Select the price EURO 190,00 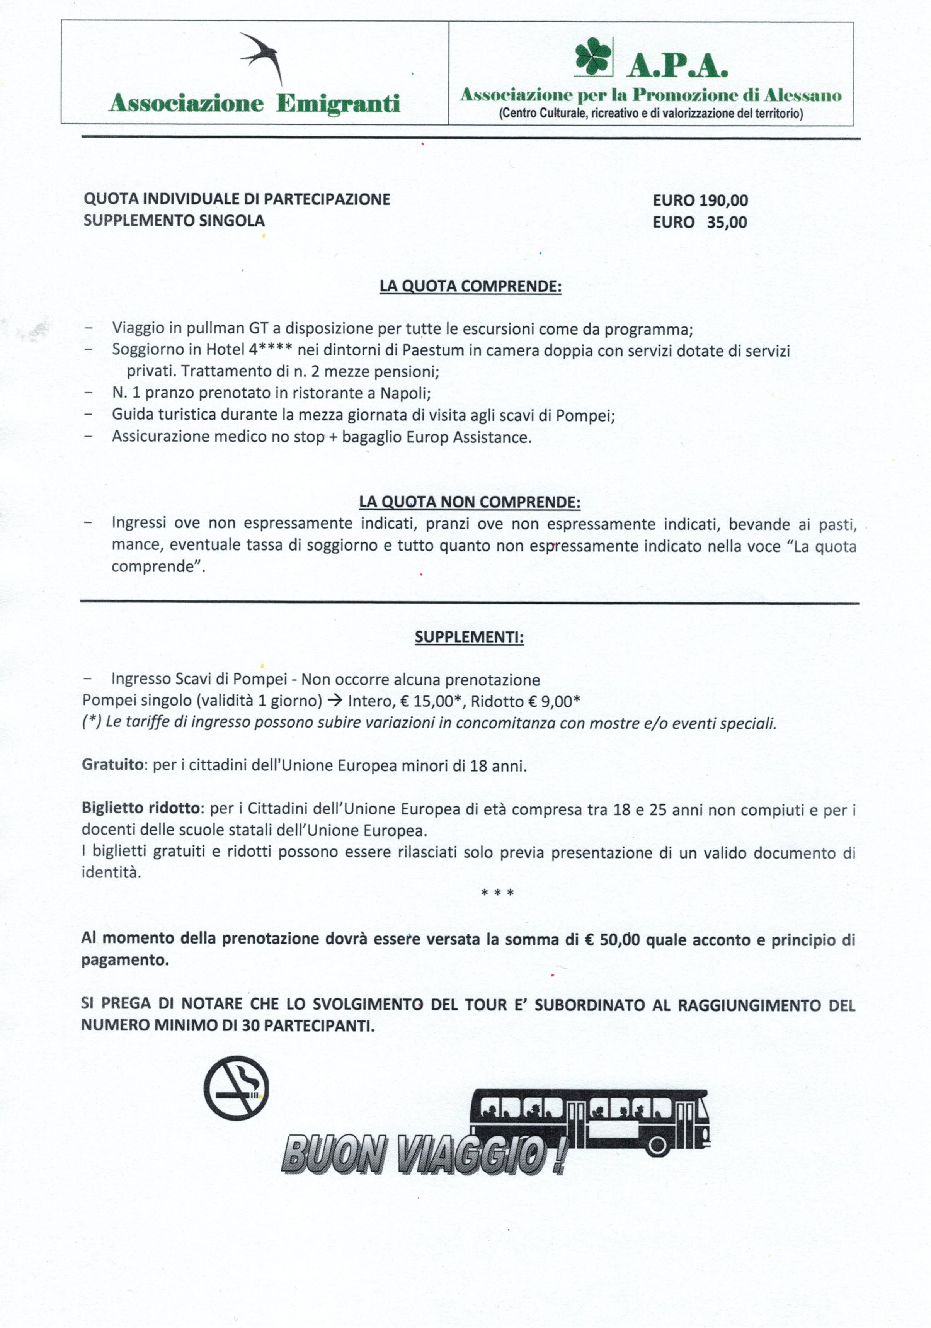click(x=700, y=201)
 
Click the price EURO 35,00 click(x=700, y=222)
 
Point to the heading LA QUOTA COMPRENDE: click(x=470, y=286)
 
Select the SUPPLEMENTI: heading click(x=469, y=638)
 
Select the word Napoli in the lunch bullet click(x=405, y=393)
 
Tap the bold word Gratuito click(x=113, y=765)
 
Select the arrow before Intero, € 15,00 click(x=334, y=701)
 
